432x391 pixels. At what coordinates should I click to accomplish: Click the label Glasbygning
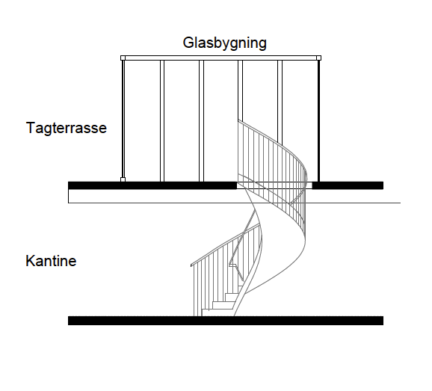click(x=224, y=43)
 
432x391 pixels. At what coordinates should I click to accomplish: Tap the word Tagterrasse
click(x=66, y=128)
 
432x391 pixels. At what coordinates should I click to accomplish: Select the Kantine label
click(x=51, y=261)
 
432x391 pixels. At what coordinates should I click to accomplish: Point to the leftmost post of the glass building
click(x=123, y=119)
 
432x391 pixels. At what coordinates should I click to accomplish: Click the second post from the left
click(x=162, y=121)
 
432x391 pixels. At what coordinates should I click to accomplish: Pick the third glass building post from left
click(x=201, y=121)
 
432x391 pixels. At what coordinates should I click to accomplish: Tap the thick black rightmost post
click(x=318, y=121)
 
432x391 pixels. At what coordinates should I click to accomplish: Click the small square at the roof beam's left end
click(x=123, y=58)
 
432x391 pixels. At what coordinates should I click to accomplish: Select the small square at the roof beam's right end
click(x=318, y=58)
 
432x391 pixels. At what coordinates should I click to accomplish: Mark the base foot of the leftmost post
click(x=123, y=179)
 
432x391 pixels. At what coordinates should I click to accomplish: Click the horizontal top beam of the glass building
click(x=220, y=58)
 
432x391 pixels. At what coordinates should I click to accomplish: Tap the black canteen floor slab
click(x=226, y=321)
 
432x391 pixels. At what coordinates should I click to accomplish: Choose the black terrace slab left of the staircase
click(x=152, y=185)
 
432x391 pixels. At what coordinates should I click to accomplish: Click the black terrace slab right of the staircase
click(x=348, y=185)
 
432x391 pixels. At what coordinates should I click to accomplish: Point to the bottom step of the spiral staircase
click(x=217, y=313)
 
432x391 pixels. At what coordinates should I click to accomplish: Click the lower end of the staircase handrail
click(x=191, y=265)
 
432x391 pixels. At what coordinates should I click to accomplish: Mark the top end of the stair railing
click(x=238, y=120)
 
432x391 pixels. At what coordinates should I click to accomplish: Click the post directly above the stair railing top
click(x=240, y=90)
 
